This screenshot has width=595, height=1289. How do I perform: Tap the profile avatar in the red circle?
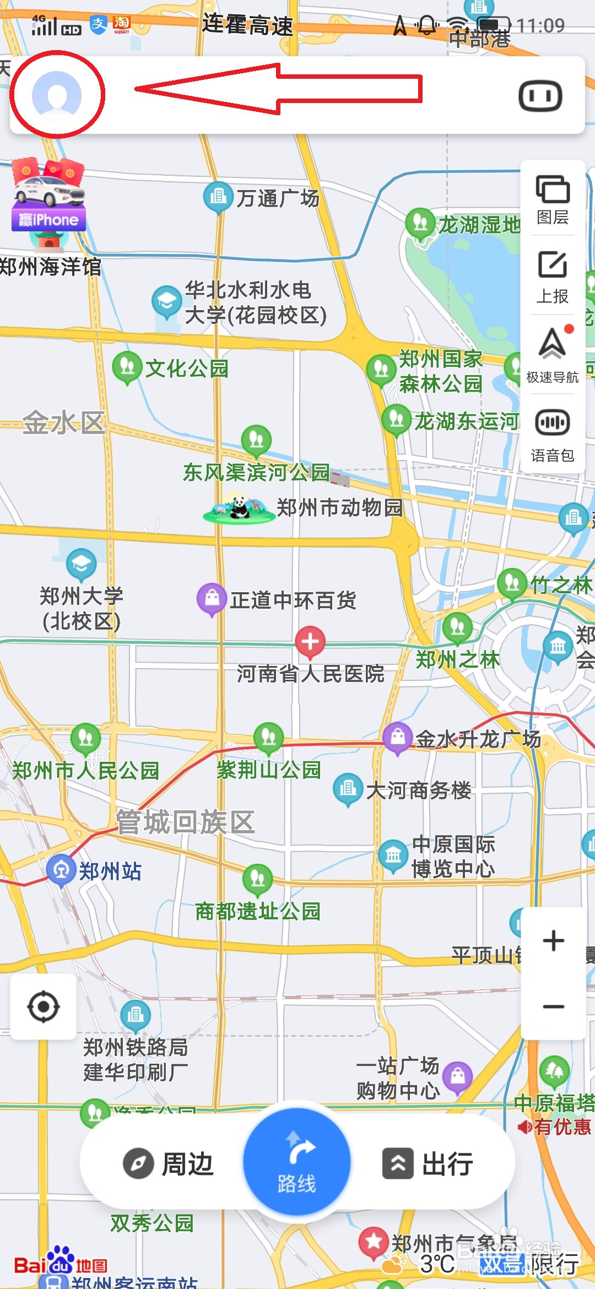click(x=57, y=95)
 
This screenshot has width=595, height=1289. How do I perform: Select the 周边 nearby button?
click(x=168, y=1164)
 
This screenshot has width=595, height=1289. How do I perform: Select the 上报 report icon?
click(x=553, y=277)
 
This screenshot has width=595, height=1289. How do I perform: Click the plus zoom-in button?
click(x=553, y=940)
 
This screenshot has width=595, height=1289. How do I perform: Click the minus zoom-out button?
click(x=553, y=1006)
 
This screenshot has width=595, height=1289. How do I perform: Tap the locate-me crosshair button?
click(x=44, y=1006)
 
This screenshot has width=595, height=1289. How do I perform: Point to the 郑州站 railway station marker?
click(x=61, y=870)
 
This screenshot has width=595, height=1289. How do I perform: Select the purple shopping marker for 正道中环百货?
click(x=212, y=599)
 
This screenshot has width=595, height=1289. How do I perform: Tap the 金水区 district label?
click(x=63, y=423)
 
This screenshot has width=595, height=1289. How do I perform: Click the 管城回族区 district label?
click(x=185, y=822)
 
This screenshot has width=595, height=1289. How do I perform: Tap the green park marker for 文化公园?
click(x=127, y=367)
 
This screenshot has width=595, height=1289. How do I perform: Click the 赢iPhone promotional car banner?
click(x=48, y=196)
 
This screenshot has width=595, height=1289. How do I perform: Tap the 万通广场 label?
click(x=278, y=198)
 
